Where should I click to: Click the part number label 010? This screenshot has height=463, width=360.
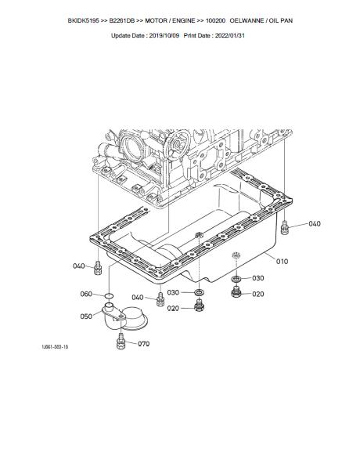[x=282, y=262]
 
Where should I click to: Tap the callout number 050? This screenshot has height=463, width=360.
[x=86, y=317]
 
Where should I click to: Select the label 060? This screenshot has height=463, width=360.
[x=86, y=294]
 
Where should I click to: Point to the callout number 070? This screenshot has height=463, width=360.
[x=144, y=344]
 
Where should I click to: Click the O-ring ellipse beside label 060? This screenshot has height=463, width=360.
[x=110, y=295]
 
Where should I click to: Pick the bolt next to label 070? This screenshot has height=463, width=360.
[x=121, y=342]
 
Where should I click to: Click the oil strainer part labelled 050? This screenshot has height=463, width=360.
[x=124, y=319]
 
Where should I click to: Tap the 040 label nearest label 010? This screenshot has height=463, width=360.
[x=315, y=224]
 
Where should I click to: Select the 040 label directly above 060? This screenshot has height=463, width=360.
[x=79, y=266]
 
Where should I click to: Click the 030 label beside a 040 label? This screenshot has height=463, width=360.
[x=173, y=293]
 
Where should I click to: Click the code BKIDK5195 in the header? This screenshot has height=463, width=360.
[x=84, y=20]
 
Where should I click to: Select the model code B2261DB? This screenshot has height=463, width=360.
[x=122, y=20]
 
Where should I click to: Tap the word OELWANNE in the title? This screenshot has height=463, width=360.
[x=247, y=20]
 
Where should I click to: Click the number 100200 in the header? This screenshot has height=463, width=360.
[x=215, y=20]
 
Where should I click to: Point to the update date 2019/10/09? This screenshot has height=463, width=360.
[x=164, y=36]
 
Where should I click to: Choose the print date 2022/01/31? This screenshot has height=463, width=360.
[x=230, y=36]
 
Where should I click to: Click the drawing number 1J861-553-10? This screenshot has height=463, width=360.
[x=55, y=346]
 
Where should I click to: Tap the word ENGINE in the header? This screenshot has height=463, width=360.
[x=184, y=20]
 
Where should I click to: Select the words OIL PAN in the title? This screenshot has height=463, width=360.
[x=281, y=20]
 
